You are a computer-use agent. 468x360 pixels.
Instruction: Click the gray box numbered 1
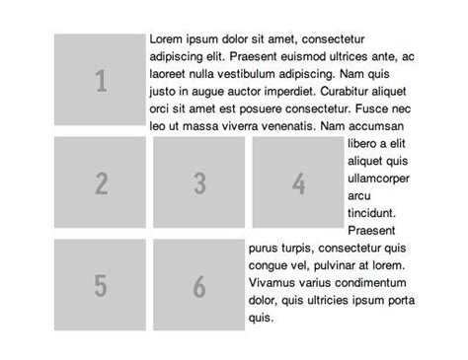(100, 80)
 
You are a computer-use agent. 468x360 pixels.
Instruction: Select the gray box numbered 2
(100, 182)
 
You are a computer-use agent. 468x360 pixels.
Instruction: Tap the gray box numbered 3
(198, 182)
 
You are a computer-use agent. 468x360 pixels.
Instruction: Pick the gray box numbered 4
(298, 182)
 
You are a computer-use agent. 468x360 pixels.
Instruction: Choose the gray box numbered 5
(100, 285)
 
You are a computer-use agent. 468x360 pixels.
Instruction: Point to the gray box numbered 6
(198, 285)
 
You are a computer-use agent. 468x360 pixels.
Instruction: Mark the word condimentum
(374, 282)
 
